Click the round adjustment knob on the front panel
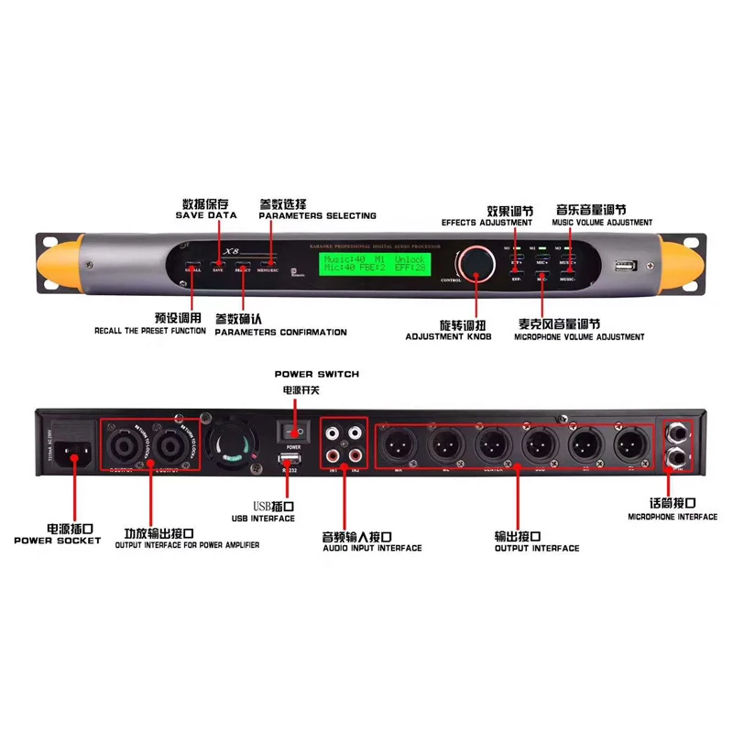coord(476,262)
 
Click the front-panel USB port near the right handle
coord(625,267)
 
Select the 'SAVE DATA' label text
coord(206,215)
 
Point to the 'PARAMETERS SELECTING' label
coord(317,216)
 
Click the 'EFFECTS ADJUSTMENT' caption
coord(487,223)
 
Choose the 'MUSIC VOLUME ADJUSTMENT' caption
coord(602,223)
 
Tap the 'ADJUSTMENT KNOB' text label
coord(449,337)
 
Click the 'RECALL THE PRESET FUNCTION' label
coord(150,331)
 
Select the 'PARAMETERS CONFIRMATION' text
coord(280,333)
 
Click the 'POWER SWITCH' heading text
coord(317,375)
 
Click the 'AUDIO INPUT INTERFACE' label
coord(372,548)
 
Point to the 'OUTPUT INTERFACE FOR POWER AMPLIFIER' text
coord(187,545)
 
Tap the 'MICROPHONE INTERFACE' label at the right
coord(673,517)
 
